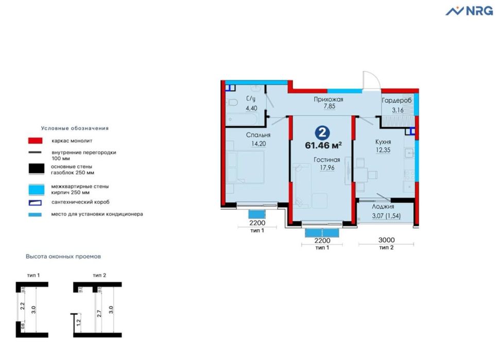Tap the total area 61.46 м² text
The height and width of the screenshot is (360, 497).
pos(323,145)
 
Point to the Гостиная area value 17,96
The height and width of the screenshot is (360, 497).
pos(327,167)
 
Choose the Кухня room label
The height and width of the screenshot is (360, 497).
pos(383,142)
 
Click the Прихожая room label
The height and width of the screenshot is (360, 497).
pos(329,99)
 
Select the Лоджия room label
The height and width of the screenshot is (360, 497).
pos(383,206)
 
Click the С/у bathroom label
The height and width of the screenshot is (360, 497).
pos(251,99)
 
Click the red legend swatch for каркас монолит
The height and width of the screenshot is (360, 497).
pos(35,140)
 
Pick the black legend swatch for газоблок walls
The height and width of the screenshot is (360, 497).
pos(35,168)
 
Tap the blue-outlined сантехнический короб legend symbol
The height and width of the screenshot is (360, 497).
pos(35,202)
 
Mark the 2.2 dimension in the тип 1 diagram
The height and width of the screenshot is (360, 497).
pos(23,306)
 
